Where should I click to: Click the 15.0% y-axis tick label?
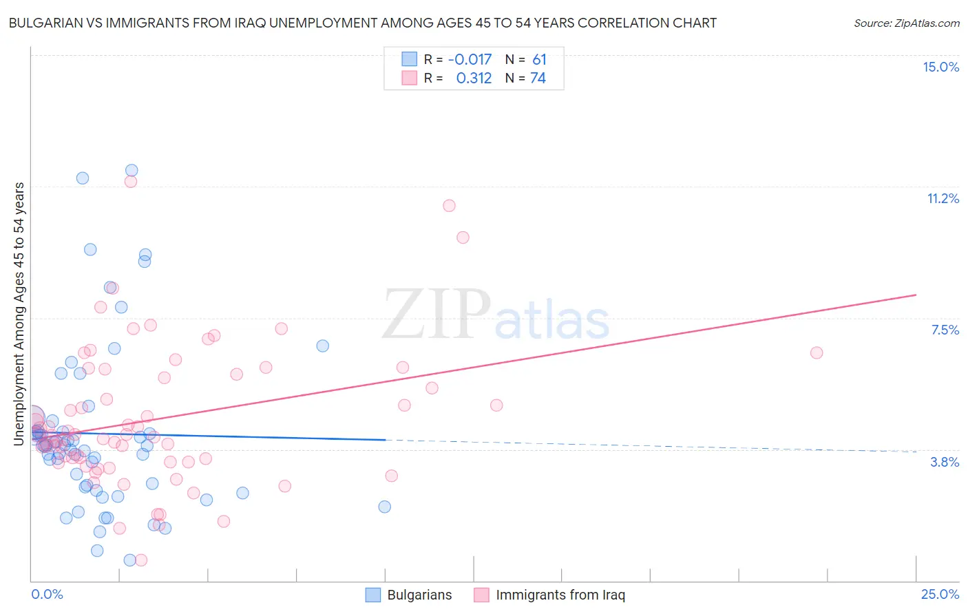pyautogui.click(x=940, y=67)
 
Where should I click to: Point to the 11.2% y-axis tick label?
pyautogui.click(x=943, y=198)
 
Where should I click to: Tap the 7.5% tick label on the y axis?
pyautogui.click(x=945, y=330)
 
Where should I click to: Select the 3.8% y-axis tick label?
pyautogui.click(x=945, y=462)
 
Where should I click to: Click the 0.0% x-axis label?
pyautogui.click(x=47, y=594)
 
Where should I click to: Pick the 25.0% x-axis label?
pyautogui.click(x=940, y=594)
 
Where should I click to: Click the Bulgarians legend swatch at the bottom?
pyautogui.click(x=372, y=595)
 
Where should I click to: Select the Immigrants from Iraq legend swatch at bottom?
pyautogui.click(x=481, y=595)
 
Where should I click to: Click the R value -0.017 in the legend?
pyautogui.click(x=470, y=60)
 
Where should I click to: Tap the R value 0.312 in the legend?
pyautogui.click(x=474, y=78)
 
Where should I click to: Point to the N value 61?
pyautogui.click(x=539, y=60)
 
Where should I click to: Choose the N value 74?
pyautogui.click(x=538, y=78)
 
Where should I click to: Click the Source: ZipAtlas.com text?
pyautogui.click(x=906, y=23)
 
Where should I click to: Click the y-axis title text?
pyautogui.click(x=19, y=314)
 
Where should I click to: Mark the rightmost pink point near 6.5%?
pyautogui.click(x=817, y=352)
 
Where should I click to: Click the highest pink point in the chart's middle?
pyautogui.click(x=449, y=205)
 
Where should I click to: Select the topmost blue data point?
pyautogui.click(x=131, y=170)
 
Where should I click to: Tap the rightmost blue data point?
pyautogui.click(x=385, y=507)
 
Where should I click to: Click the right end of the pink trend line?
pyautogui.click(x=916, y=295)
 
